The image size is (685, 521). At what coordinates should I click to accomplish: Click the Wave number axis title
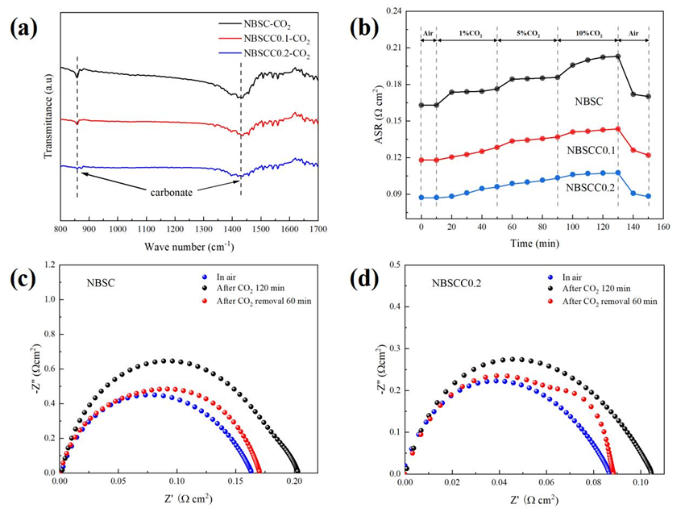tap(190, 245)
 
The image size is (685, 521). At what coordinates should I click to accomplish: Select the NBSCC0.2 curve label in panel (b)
tap(590, 188)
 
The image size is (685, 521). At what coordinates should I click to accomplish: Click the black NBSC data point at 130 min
tap(618, 56)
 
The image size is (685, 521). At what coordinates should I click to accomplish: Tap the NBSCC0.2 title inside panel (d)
tap(463, 283)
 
